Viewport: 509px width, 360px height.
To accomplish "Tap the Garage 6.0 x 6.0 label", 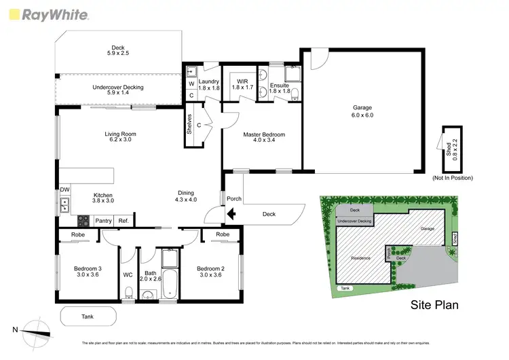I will point(362,111).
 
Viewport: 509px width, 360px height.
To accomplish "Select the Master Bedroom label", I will point(264,139).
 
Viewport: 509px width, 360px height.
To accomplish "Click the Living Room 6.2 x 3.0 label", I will point(121,138).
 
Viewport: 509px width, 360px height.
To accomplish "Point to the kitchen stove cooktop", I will point(83,221).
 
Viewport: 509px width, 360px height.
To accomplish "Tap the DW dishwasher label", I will point(64,190).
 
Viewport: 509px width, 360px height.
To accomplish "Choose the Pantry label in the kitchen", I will point(103,221).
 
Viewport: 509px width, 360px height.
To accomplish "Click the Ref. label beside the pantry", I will point(124,221).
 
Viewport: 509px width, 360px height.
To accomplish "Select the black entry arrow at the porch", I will point(231,215).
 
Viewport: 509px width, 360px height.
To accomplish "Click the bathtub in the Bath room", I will point(170,286).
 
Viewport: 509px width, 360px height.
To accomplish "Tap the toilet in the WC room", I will point(128,293).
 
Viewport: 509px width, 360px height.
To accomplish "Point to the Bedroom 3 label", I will point(87,272).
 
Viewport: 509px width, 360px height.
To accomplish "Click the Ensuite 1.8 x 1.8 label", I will point(278,88).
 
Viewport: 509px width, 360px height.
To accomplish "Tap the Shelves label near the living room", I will point(189,125).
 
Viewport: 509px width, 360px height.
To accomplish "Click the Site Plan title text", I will point(434,305).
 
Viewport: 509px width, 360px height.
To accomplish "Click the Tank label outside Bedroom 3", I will point(88,317).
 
